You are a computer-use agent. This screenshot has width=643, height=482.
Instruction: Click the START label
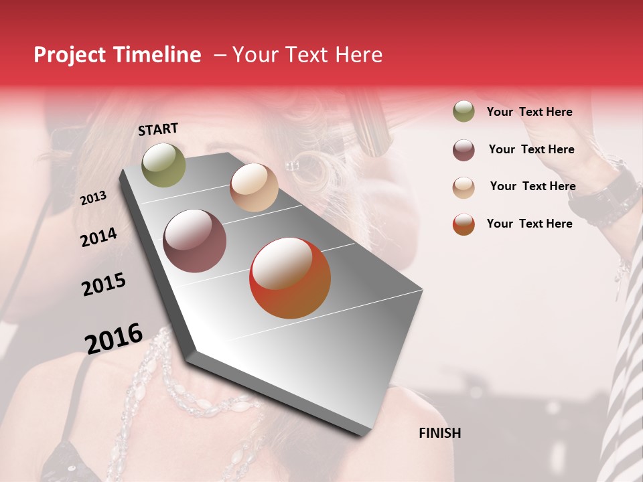click(x=158, y=129)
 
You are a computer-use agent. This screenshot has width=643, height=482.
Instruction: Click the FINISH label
click(x=439, y=433)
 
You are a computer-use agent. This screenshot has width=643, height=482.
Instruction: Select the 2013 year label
click(x=93, y=197)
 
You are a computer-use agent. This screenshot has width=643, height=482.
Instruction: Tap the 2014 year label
click(x=98, y=237)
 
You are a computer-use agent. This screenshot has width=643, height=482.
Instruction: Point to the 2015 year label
click(x=104, y=285)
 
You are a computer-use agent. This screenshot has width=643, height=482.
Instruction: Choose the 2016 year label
click(x=114, y=338)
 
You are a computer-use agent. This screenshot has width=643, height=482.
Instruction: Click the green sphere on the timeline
click(x=163, y=165)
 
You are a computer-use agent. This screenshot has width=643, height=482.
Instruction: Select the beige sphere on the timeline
click(x=254, y=187)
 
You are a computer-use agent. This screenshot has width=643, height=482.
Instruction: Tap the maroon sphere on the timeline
click(x=194, y=241)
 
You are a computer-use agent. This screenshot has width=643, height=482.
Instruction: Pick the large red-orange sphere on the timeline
click(x=290, y=278)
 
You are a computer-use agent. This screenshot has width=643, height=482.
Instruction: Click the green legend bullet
click(x=463, y=112)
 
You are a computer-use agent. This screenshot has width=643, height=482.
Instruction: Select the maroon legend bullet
click(x=463, y=150)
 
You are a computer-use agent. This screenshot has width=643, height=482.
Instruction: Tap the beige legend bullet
click(x=463, y=187)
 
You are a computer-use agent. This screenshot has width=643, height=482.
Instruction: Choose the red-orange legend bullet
click(x=463, y=224)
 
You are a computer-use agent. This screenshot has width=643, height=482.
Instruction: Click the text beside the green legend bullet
click(x=529, y=112)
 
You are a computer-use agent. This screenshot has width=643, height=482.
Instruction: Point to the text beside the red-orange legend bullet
click(x=529, y=224)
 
